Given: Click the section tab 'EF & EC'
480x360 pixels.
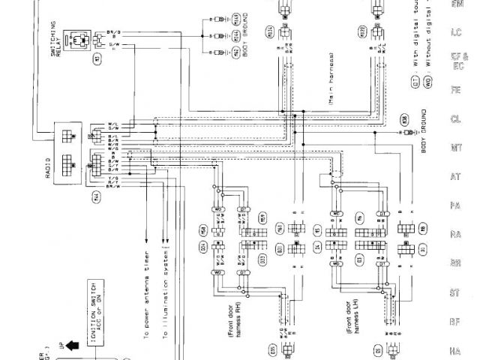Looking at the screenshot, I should pos(455,61).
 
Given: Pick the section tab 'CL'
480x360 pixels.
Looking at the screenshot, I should pos(455,118).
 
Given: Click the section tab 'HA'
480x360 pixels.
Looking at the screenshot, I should pos(455,349).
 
